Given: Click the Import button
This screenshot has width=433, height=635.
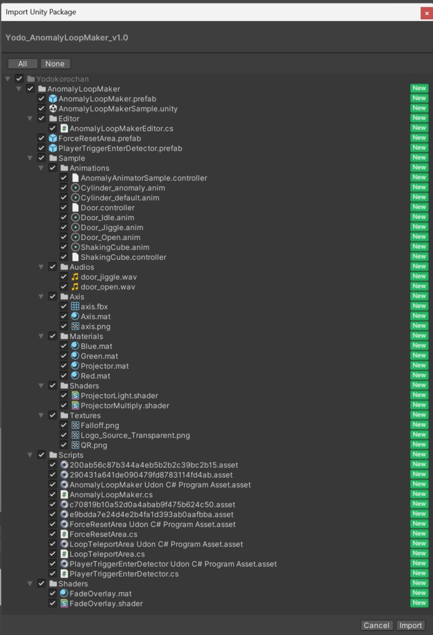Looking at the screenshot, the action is click(411, 625).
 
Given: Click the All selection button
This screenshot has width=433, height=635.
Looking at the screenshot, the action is click(23, 64).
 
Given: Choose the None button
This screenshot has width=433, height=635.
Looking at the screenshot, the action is click(55, 64).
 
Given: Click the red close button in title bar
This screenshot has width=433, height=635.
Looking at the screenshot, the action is click(427, 13).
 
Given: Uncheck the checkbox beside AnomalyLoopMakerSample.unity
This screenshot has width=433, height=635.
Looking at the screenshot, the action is click(42, 108).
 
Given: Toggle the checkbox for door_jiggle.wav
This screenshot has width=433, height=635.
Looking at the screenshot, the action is click(64, 277).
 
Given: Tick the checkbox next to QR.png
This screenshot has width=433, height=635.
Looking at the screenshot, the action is click(64, 445).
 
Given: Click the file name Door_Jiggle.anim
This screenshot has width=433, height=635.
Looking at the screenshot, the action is click(112, 228).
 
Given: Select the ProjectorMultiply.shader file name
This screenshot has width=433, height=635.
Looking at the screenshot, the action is click(125, 406).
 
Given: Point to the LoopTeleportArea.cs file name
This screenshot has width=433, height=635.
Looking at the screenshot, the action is click(107, 554).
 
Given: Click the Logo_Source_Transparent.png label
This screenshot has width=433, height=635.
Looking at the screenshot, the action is click(135, 435).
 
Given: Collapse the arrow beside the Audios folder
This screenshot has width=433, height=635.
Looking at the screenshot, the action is click(41, 267).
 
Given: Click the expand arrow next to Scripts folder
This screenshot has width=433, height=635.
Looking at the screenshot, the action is click(30, 455).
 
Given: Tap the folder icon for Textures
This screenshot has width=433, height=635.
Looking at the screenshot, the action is click(64, 415).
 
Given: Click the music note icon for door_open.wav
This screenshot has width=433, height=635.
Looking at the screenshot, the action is click(75, 286).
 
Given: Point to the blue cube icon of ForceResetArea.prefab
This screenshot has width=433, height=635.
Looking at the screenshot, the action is click(53, 138).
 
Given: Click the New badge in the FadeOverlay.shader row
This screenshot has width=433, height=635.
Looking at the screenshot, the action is click(419, 603).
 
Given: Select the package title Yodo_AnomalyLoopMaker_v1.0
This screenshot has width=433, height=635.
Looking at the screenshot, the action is click(67, 38).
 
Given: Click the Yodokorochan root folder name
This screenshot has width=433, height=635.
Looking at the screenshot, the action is click(63, 79).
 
